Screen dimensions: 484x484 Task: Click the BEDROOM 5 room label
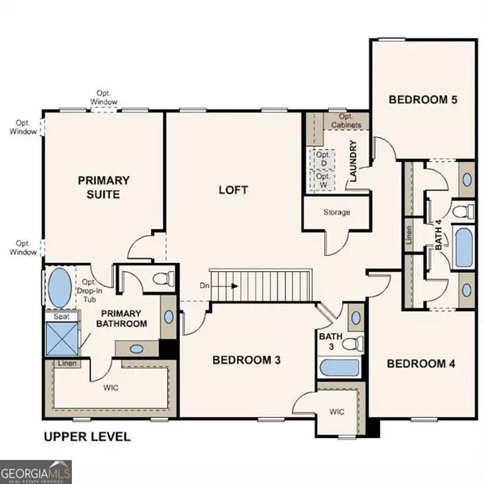pos(423,100)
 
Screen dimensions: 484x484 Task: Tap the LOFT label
pos(233,190)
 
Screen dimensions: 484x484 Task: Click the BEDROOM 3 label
pos(245,360)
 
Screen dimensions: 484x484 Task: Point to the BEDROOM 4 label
pos(421,364)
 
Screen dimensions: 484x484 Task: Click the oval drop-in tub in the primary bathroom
pos(60,286)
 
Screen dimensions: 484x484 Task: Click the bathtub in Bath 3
pos(338,368)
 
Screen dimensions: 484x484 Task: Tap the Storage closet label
pos(336,212)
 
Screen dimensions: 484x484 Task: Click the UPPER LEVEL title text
pos(86,437)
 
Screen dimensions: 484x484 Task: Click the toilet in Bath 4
pos(461,212)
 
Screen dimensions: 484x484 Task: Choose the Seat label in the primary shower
pos(61,317)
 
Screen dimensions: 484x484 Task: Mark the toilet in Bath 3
pos(350,344)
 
